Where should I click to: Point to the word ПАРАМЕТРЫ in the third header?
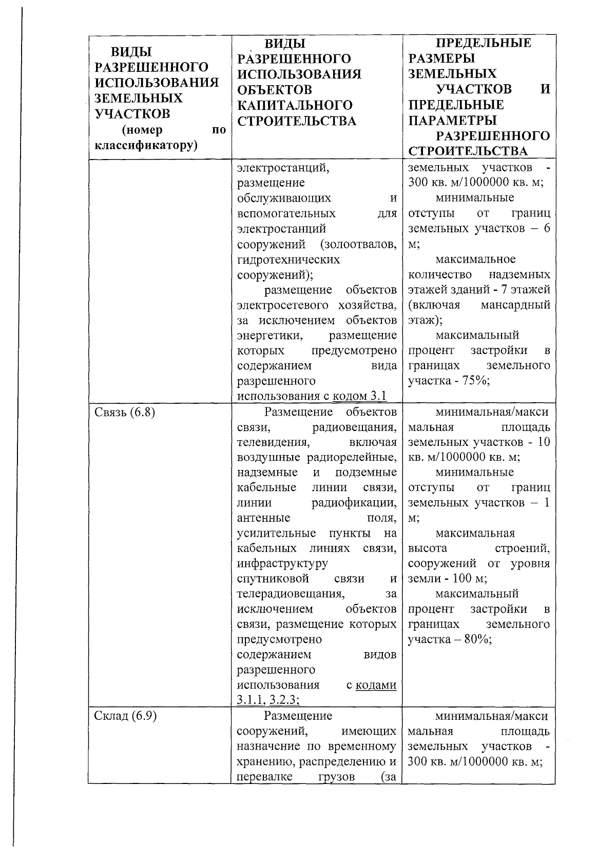coord(452,121)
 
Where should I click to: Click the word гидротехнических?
coord(288,260)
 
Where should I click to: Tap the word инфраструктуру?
coord(282,563)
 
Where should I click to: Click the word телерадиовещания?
coord(290,594)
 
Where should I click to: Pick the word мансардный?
coord(515,305)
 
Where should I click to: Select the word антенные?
coord(263,518)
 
